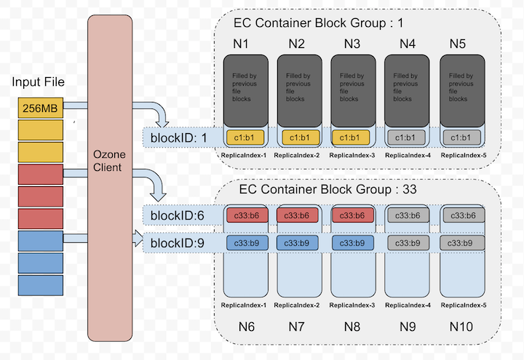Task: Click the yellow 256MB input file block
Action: tap(41, 108)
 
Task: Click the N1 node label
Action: tap(242, 44)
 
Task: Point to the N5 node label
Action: tap(457, 44)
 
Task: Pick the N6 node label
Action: tap(246, 327)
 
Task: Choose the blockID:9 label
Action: tap(177, 243)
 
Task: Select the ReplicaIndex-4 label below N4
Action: tap(407, 155)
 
